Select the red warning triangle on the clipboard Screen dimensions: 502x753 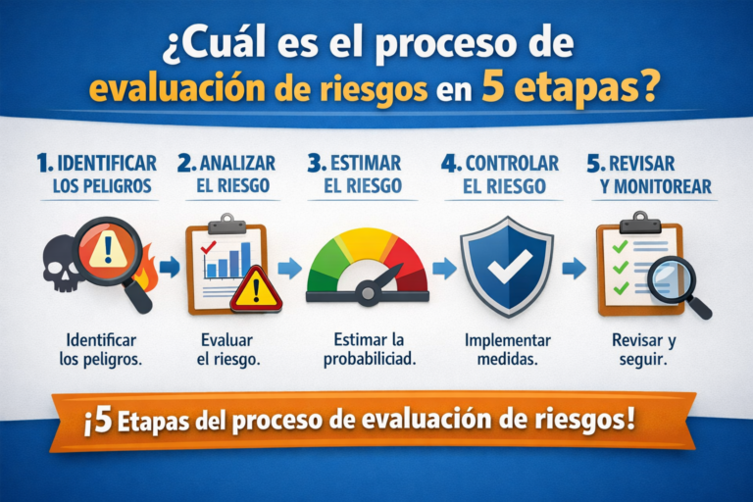tap(256, 287)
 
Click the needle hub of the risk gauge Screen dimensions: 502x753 tap(368, 291)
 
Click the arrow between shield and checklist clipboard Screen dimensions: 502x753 tap(576, 268)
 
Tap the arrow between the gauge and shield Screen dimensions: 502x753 tap(443, 268)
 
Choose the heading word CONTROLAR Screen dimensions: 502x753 tap(512, 163)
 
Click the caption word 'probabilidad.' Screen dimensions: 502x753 tap(369, 360)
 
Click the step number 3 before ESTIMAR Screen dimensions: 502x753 tap(316, 163)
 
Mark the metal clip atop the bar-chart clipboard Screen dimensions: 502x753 tap(226, 220)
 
